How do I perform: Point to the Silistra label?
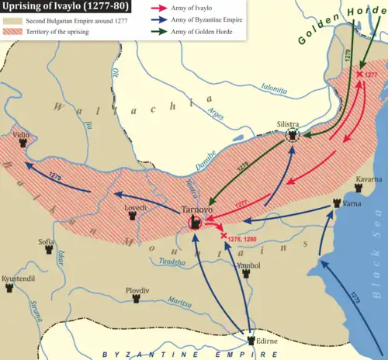289,123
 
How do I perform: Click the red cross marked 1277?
359,75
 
